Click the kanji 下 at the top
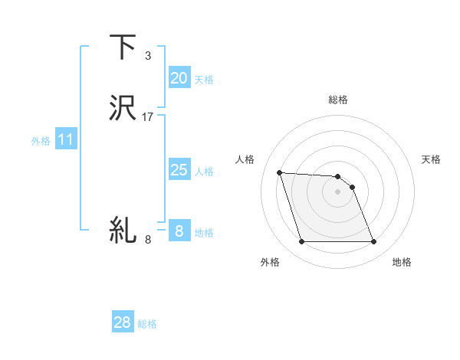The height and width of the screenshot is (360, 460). pos(123,47)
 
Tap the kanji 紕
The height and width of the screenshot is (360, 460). pos(123,229)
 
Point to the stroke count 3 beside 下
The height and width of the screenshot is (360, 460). pos(148,56)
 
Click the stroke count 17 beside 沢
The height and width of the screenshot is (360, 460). pos(148,117)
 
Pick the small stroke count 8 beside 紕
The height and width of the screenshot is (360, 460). pos(148,240)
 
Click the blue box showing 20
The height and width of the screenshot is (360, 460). pos(179,78)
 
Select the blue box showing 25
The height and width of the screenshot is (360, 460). pos(179,170)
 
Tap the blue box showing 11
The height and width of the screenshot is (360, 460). pos(65,140)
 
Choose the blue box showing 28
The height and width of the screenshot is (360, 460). pos(123,322)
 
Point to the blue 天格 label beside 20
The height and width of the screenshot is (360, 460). pos(204,80)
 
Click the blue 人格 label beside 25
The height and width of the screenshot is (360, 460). pos(204,172)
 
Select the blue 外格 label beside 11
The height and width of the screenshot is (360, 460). pos(41,141)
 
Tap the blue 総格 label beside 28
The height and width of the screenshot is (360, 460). pos(147,324)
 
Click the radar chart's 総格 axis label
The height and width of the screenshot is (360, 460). pos(337,100)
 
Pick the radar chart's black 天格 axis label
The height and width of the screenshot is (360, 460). pos(431,159)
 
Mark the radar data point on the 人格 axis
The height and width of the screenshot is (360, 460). pos(279,172)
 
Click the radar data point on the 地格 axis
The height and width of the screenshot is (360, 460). pos(373,242)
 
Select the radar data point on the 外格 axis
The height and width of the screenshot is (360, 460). pos(301,242)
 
